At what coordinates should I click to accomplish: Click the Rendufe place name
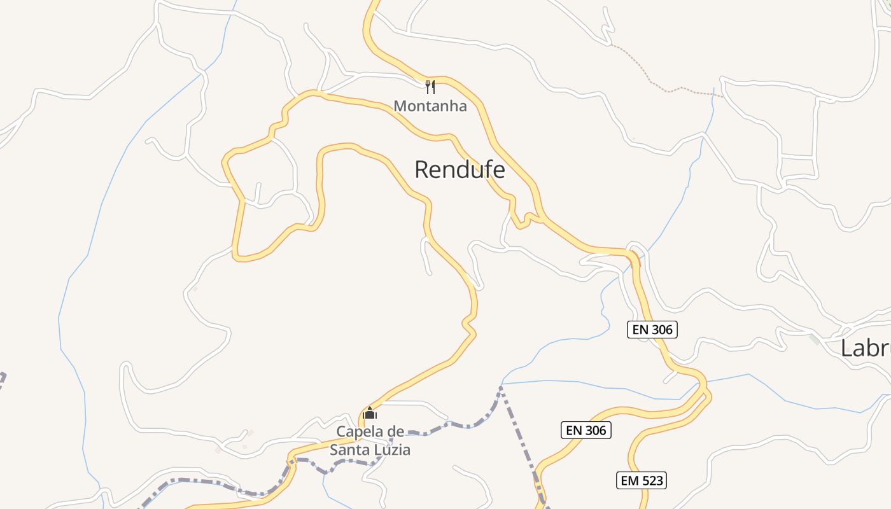click(x=460, y=170)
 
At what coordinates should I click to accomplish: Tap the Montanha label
click(x=430, y=106)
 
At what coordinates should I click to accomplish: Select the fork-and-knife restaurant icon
click(x=430, y=87)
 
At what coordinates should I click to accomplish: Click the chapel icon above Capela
click(x=369, y=414)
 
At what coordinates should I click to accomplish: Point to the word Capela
click(x=361, y=432)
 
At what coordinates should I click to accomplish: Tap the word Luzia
click(x=391, y=450)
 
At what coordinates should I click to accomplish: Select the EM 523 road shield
click(x=642, y=480)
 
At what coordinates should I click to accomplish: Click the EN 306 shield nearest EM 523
click(x=586, y=430)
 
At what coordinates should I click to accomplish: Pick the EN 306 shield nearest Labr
click(x=652, y=330)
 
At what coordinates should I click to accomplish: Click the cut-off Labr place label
click(x=865, y=348)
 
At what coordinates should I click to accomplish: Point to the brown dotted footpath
click(x=668, y=90)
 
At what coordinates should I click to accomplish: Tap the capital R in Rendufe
click(x=423, y=170)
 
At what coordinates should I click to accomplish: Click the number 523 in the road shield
click(x=651, y=480)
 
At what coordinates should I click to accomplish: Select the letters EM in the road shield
click(x=630, y=480)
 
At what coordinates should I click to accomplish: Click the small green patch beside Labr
click(x=815, y=339)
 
